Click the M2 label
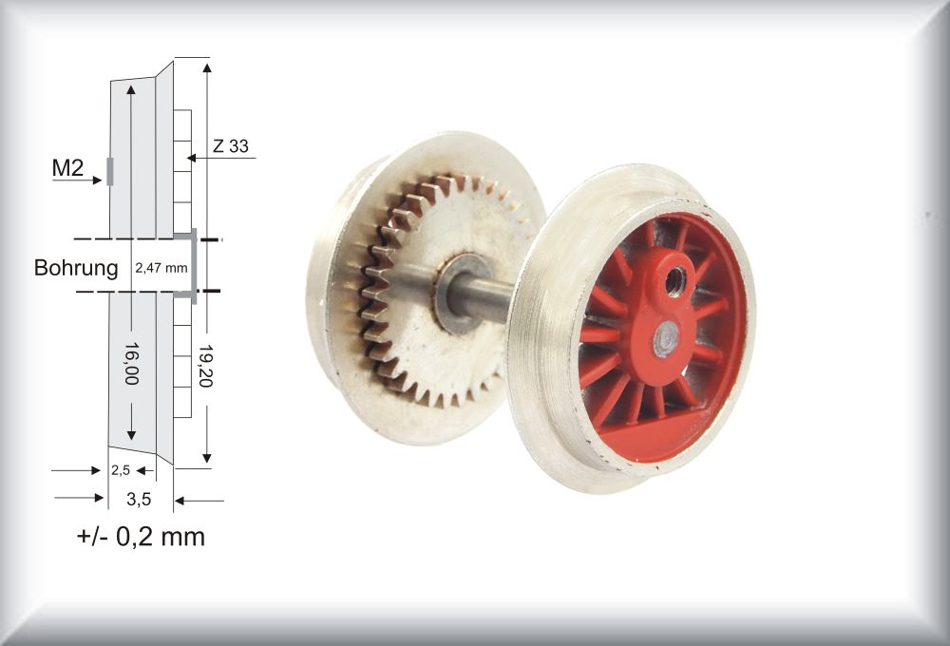coord(67,168)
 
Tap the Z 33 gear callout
coord(230,146)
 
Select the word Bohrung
coord(76,267)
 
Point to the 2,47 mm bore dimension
coord(161,267)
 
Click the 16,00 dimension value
coord(132,363)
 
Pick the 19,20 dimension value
coord(207,367)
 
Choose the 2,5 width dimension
coord(121,470)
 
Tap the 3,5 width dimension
coord(139,500)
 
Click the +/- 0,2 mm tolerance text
coord(142,537)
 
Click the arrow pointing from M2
coord(77,180)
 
